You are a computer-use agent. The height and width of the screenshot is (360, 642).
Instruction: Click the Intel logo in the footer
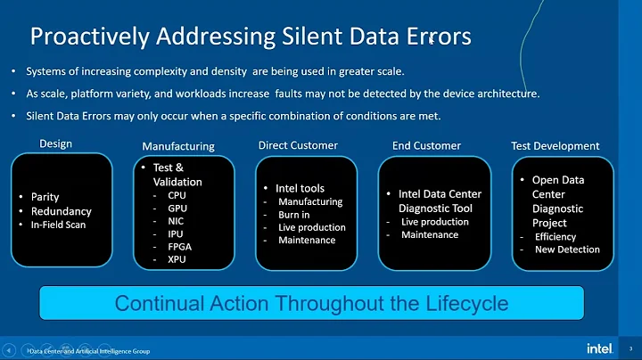click(x=599, y=348)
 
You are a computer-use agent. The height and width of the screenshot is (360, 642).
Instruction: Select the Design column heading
click(x=55, y=143)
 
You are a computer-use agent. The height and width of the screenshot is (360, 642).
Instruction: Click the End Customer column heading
click(x=426, y=145)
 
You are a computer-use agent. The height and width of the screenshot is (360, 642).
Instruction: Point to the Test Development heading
click(x=555, y=145)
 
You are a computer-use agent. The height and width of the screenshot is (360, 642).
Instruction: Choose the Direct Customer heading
click(x=299, y=145)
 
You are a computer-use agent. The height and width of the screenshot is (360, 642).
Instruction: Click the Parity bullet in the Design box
click(x=45, y=197)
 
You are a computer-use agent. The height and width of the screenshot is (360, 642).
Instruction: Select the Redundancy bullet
click(x=61, y=210)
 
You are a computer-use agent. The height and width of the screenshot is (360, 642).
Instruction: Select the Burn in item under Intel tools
click(x=295, y=215)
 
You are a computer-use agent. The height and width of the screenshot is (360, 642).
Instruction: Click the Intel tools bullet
click(x=300, y=188)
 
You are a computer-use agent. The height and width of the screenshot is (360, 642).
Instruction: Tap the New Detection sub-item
click(x=567, y=250)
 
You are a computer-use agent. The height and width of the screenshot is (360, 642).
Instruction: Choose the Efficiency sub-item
click(x=556, y=237)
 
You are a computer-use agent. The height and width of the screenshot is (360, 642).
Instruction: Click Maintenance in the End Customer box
click(x=429, y=234)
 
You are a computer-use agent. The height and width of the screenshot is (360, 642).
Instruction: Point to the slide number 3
click(x=632, y=348)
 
